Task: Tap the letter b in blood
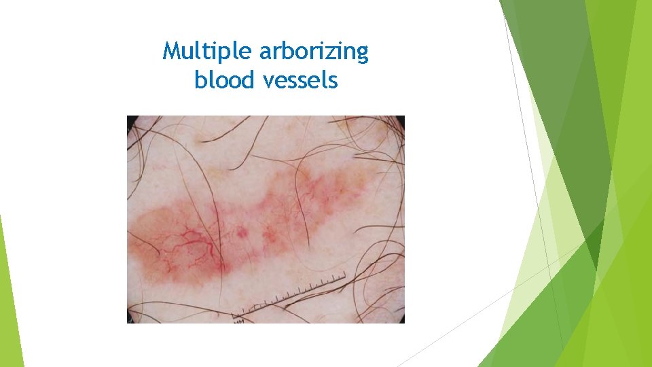click(x=199, y=80)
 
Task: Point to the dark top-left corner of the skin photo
click(x=131, y=120)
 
